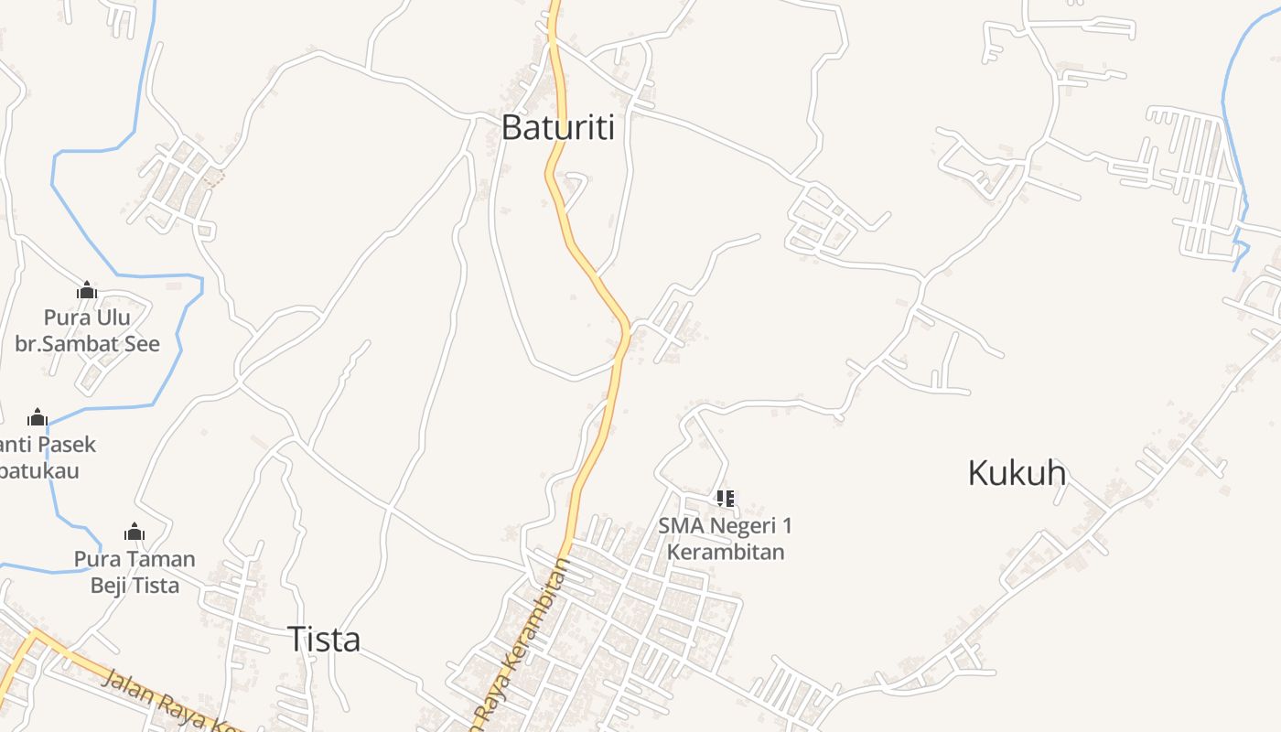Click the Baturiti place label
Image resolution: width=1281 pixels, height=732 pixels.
(557, 127)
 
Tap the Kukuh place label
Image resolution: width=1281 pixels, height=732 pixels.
(1017, 473)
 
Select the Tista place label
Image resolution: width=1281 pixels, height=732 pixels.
(324, 639)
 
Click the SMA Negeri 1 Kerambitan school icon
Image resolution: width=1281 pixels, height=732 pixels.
(725, 499)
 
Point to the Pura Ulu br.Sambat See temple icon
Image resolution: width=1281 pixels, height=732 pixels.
(87, 291)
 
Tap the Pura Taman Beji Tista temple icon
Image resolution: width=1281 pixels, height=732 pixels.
(135, 533)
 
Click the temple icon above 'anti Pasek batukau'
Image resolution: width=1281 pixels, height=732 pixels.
(38, 418)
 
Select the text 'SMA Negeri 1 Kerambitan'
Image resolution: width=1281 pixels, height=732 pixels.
(725, 539)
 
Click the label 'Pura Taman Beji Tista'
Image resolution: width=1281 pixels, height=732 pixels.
(135, 572)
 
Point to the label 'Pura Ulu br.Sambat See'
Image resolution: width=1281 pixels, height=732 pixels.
(87, 331)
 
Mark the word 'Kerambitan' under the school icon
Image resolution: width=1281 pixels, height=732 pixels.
(725, 552)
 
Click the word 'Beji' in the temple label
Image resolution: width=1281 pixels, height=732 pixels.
(110, 585)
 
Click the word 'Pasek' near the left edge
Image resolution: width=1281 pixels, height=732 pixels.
(65, 445)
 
